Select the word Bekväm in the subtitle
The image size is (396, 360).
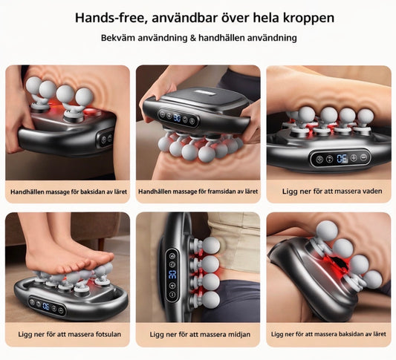pyautogui.click(x=118, y=37)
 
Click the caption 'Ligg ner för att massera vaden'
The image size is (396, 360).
pyautogui.click(x=328, y=192)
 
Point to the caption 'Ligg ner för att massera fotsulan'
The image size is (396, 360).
pyautogui.click(x=68, y=334)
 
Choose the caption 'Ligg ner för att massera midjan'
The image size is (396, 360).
pyautogui.click(x=198, y=334)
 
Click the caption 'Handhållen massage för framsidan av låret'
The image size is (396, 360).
pyautogui.click(x=198, y=192)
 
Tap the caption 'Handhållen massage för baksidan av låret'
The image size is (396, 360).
pyautogui.click(x=68, y=192)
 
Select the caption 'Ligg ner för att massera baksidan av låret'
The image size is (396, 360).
pyautogui.click(x=328, y=334)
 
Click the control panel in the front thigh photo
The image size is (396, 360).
pyautogui.click(x=177, y=117)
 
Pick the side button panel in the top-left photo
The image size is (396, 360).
pyautogui.click(x=106, y=138)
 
